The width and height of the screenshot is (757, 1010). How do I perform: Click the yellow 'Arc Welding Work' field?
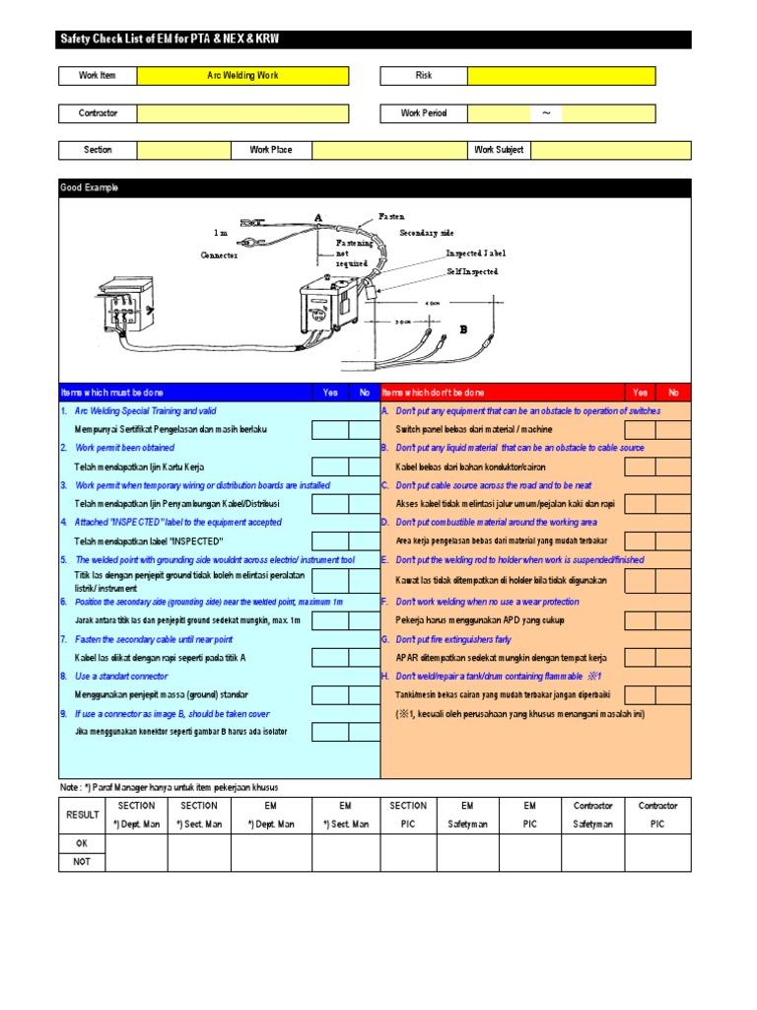(x=242, y=76)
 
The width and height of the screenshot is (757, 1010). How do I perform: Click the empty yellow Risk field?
(x=561, y=76)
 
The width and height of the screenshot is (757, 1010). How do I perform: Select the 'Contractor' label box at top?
(x=98, y=113)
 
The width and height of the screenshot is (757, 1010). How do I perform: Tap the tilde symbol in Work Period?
(x=546, y=113)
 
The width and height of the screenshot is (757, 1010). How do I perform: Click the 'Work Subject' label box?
(x=499, y=150)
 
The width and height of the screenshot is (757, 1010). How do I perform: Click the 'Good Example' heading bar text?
(x=90, y=187)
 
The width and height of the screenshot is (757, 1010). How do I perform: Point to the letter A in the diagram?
(x=317, y=217)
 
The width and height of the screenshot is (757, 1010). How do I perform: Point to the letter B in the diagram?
(x=462, y=330)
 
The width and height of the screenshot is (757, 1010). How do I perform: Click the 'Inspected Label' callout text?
(x=475, y=253)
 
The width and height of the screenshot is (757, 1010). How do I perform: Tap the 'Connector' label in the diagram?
(x=219, y=254)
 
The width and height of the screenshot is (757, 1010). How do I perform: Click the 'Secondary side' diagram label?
(x=426, y=233)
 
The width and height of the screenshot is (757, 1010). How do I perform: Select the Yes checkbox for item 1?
(x=329, y=429)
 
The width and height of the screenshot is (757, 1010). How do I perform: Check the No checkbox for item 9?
(x=364, y=732)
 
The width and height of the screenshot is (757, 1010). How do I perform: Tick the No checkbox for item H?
(x=674, y=694)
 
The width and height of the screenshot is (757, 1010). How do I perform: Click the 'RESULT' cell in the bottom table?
(x=83, y=815)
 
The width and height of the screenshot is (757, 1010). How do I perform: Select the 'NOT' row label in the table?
(x=83, y=861)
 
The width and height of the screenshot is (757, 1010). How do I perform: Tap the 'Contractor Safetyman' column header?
(x=593, y=815)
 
